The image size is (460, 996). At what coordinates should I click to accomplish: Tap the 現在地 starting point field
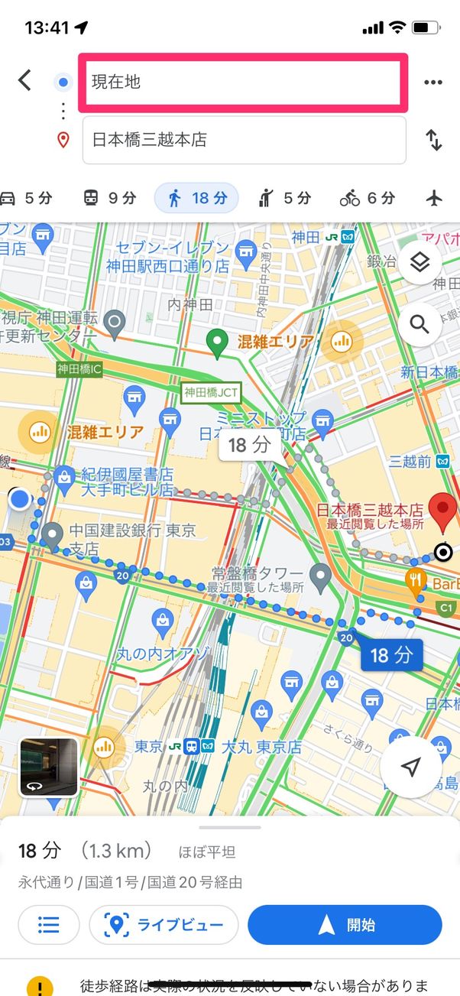(x=245, y=82)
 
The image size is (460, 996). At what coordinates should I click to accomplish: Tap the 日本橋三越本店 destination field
(x=245, y=140)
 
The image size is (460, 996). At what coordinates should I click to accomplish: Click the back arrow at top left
(x=25, y=80)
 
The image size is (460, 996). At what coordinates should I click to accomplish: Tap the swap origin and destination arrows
(x=433, y=140)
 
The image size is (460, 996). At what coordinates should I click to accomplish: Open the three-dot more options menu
(x=433, y=83)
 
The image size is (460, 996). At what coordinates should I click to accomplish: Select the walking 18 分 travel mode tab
(x=196, y=199)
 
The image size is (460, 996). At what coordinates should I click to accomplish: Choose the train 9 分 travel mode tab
(x=109, y=199)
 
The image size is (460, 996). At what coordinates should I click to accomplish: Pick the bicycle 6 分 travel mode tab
(x=368, y=199)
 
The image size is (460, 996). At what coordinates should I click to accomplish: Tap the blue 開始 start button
(x=345, y=925)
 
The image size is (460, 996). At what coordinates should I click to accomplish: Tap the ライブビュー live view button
(x=164, y=925)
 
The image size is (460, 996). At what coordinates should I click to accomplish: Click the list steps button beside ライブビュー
(x=49, y=925)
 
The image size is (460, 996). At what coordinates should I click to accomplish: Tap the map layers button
(x=420, y=264)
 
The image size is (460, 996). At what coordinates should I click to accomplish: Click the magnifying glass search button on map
(x=420, y=324)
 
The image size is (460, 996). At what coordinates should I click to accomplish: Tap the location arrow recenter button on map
(x=411, y=767)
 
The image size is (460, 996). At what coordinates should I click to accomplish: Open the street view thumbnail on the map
(x=48, y=767)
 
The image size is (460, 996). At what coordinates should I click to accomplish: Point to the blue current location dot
(x=19, y=500)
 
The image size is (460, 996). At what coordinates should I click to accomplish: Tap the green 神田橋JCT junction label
(x=211, y=393)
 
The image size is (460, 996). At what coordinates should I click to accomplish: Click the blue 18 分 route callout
(x=391, y=654)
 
